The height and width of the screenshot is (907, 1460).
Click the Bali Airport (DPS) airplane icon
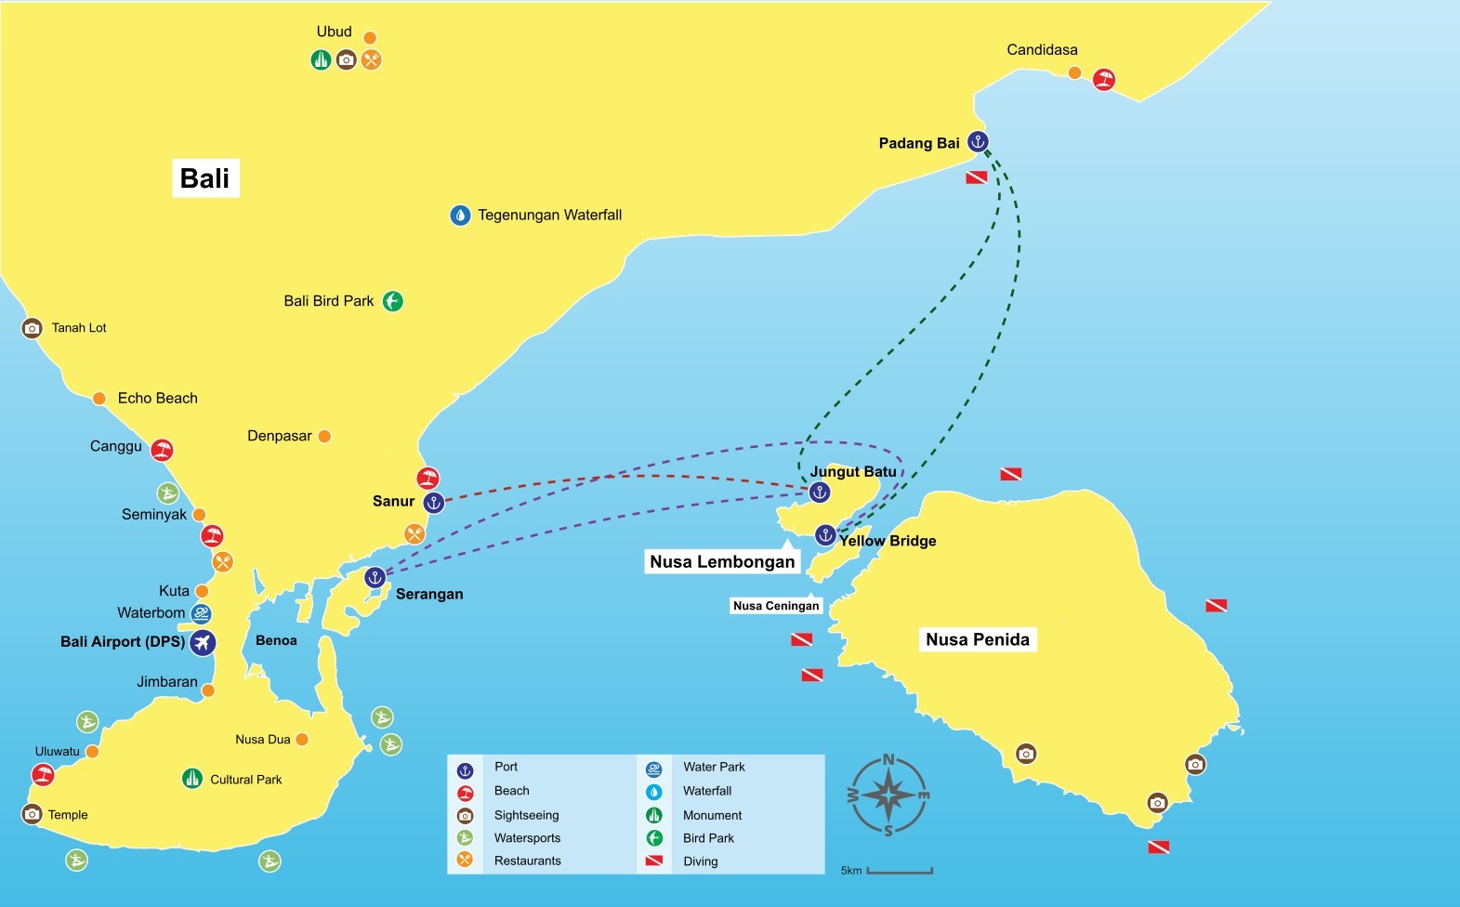203,642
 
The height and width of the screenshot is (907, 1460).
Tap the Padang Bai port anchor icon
977,141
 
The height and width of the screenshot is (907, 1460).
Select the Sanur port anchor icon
433,503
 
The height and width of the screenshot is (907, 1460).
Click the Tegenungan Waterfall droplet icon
460,216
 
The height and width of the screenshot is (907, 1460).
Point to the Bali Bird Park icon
393,301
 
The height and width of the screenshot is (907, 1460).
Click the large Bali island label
205,177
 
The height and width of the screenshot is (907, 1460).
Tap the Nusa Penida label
978,639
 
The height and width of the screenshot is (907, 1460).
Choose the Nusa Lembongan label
722,561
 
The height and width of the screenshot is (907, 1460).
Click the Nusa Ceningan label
776,606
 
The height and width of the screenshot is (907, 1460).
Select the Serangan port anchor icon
375,577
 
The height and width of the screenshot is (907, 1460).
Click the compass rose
889,795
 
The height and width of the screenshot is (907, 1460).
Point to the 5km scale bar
899,871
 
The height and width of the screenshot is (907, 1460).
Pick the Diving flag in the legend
654,861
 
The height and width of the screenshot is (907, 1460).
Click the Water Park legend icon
654,769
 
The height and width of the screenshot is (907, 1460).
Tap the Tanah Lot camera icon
33,328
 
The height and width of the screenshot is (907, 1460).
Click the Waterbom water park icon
201,613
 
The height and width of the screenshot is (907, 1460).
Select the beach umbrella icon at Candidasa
1103,79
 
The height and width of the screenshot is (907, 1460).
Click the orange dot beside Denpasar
324,436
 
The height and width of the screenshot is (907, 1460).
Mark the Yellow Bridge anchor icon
825,534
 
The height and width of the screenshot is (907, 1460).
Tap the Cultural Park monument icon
192,779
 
